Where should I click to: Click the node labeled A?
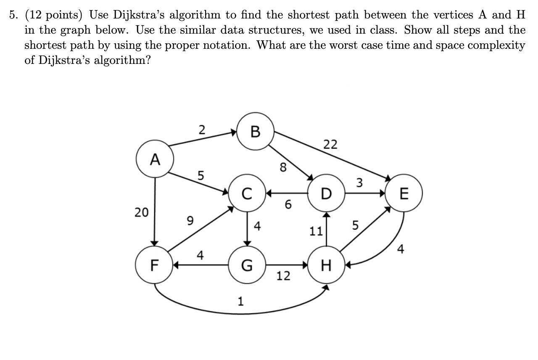(x=155, y=160)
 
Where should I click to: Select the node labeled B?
(x=255, y=131)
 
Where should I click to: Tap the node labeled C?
(x=247, y=193)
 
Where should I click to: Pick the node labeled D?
(x=326, y=193)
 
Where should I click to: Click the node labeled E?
(x=404, y=193)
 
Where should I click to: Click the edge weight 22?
(x=330, y=145)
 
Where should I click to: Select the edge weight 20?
(x=142, y=212)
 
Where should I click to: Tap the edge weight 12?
(x=283, y=276)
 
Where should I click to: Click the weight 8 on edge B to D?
(x=283, y=167)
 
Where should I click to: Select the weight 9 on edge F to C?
(x=190, y=220)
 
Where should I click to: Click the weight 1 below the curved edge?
(x=240, y=301)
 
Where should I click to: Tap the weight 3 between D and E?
(x=359, y=183)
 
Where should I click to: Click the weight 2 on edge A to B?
(x=202, y=130)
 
